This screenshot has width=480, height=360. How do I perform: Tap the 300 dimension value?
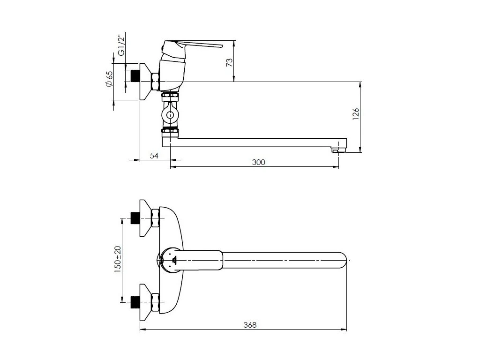(258, 162)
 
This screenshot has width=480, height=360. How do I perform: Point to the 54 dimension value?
(154, 156)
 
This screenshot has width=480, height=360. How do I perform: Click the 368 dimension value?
(250, 325)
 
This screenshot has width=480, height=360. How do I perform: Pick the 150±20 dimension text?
(118, 258)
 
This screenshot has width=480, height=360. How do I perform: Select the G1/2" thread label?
(121, 45)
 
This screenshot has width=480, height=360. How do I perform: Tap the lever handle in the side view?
(197, 45)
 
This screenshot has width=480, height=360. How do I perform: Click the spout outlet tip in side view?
(338, 150)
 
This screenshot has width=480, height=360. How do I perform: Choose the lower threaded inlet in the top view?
(135, 299)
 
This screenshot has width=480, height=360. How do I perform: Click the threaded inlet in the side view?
(136, 75)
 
